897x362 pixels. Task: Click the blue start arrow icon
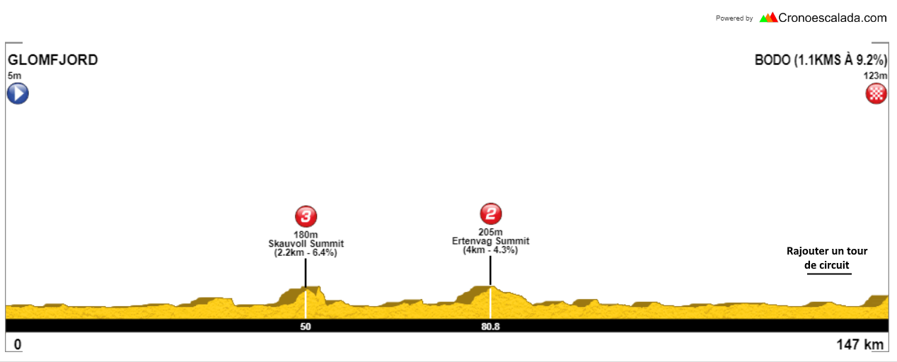(18, 93)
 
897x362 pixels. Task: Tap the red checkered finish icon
(876, 93)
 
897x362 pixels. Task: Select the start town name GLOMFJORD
(53, 60)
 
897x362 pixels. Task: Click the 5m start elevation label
(14, 76)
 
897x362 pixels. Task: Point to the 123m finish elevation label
(875, 76)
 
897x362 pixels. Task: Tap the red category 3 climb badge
(306, 216)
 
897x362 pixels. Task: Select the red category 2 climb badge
(490, 214)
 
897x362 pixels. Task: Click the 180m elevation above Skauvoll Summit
(306, 235)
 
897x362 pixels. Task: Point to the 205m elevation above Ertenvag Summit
(490, 232)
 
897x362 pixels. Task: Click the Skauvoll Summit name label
(306, 243)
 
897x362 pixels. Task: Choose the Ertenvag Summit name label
(490, 241)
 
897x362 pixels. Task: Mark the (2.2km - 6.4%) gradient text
(306, 252)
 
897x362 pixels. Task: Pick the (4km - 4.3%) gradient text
(490, 250)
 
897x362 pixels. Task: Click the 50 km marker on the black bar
(306, 327)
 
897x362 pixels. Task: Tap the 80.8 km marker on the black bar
(490, 327)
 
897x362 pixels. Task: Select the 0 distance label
(18, 344)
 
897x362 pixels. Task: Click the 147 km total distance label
(860, 344)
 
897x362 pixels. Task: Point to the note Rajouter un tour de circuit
(827, 258)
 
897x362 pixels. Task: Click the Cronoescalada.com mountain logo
(768, 18)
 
